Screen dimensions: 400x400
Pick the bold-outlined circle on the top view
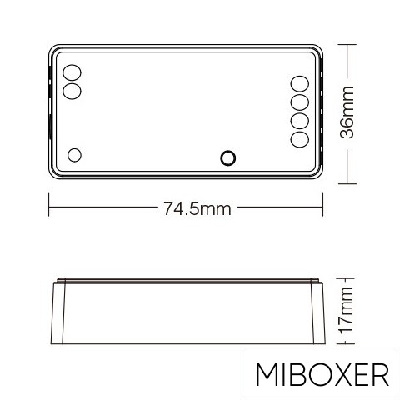tap(227, 156)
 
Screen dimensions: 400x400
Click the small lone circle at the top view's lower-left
tap(74, 154)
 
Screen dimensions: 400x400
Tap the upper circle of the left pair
tap(72, 72)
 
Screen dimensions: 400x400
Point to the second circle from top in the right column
tap(300, 102)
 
